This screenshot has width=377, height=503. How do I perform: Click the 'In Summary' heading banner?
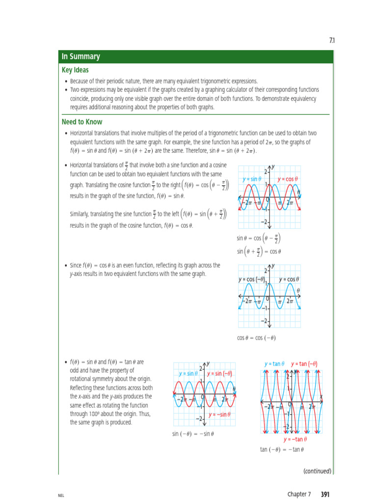[x=81, y=56]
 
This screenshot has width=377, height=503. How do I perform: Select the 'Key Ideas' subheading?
[x=75, y=70]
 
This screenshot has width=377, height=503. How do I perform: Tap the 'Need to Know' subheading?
[x=82, y=122]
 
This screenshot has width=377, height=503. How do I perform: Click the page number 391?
[x=325, y=494]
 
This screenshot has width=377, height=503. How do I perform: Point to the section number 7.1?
[x=331, y=40]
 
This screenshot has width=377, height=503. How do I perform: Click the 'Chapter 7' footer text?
[x=299, y=494]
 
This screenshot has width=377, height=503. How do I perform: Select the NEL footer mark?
[x=61, y=495]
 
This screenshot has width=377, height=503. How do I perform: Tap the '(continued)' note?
[x=318, y=471]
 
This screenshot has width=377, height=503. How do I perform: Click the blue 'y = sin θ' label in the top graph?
[x=252, y=179]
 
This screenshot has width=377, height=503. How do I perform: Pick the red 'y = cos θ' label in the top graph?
[x=288, y=179]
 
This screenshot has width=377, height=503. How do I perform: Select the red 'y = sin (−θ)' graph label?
[x=219, y=373]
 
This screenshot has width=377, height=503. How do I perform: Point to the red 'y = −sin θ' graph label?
[x=219, y=414]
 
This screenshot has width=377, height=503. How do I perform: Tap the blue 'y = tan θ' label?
[x=274, y=364]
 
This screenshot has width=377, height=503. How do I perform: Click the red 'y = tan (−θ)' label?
[x=304, y=364]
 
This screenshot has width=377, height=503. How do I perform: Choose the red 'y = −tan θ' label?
[x=296, y=439]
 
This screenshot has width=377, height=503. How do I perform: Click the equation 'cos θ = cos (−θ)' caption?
[x=256, y=337]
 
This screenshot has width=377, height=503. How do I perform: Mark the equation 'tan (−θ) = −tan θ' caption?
[x=282, y=449]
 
